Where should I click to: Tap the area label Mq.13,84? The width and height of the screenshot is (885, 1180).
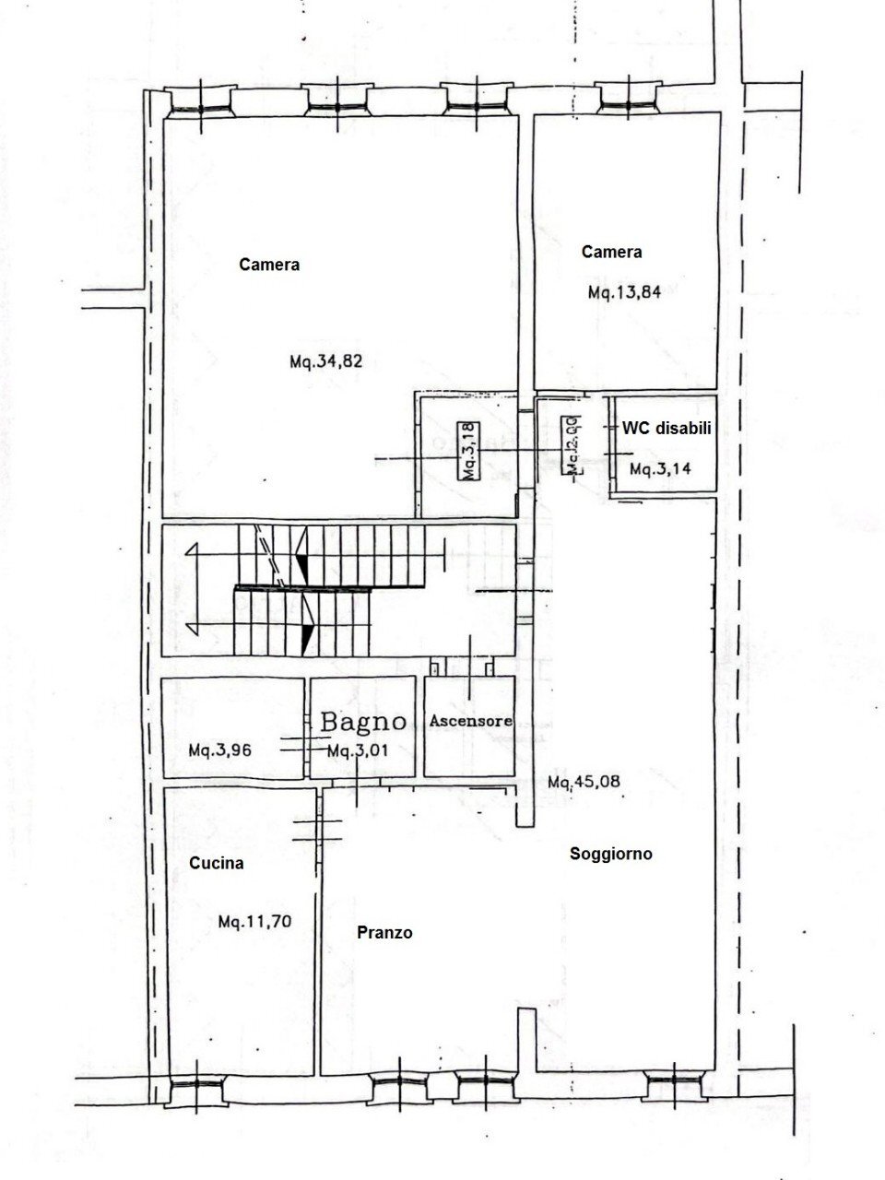click(625, 293)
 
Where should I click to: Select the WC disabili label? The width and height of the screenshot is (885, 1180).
click(667, 428)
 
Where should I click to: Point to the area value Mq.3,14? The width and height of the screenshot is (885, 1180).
click(660, 468)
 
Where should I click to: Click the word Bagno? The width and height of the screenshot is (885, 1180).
click(363, 721)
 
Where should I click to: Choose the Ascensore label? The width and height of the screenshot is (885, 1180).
click(470, 722)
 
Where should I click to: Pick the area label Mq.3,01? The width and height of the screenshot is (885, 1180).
click(358, 750)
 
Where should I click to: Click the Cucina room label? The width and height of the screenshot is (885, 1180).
click(217, 864)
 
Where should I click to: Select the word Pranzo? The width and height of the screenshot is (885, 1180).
click(384, 933)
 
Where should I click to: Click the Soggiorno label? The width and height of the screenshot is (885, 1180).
click(610, 854)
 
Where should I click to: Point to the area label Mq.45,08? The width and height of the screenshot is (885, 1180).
click(584, 783)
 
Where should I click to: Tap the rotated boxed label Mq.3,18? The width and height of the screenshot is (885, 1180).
click(468, 450)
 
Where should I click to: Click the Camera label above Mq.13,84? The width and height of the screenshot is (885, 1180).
click(611, 252)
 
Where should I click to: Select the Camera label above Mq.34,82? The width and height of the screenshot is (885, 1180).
click(269, 265)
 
